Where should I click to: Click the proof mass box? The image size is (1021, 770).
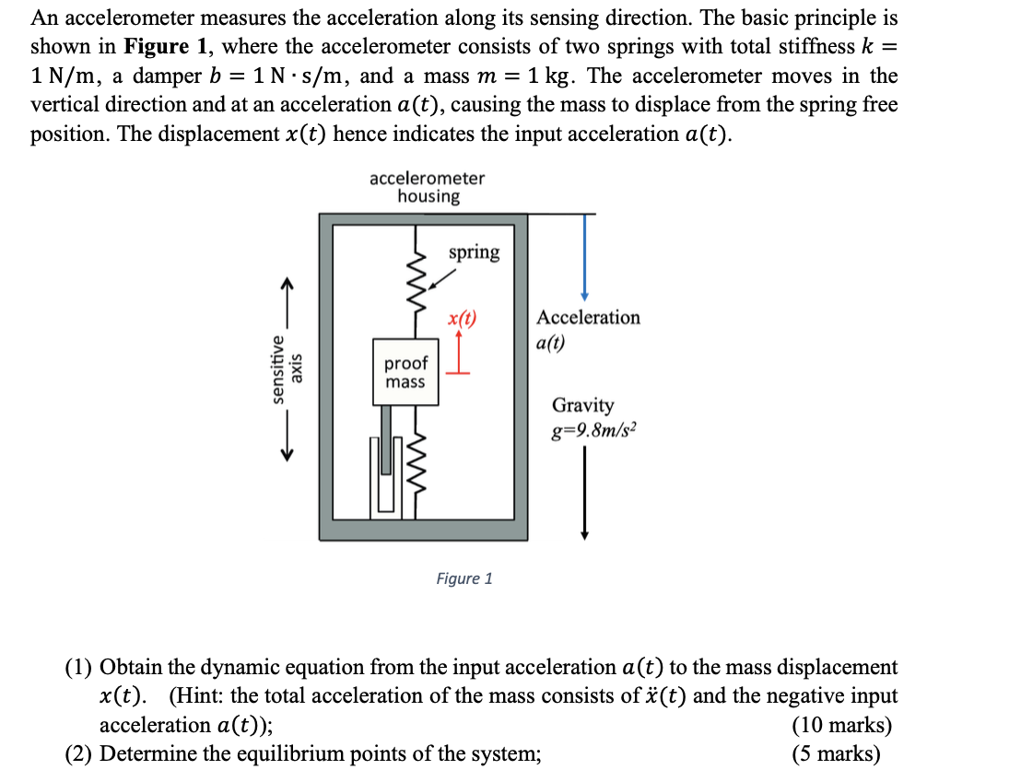point(405,372)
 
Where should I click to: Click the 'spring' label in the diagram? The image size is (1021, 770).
point(474,252)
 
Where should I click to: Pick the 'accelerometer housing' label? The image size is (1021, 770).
point(428,187)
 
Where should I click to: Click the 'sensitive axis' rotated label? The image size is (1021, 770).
point(285,369)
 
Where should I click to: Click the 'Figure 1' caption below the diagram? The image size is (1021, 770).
point(464,578)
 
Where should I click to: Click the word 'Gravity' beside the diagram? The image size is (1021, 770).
point(582,405)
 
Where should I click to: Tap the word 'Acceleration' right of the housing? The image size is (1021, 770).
point(588,318)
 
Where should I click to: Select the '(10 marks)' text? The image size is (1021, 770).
point(841,725)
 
